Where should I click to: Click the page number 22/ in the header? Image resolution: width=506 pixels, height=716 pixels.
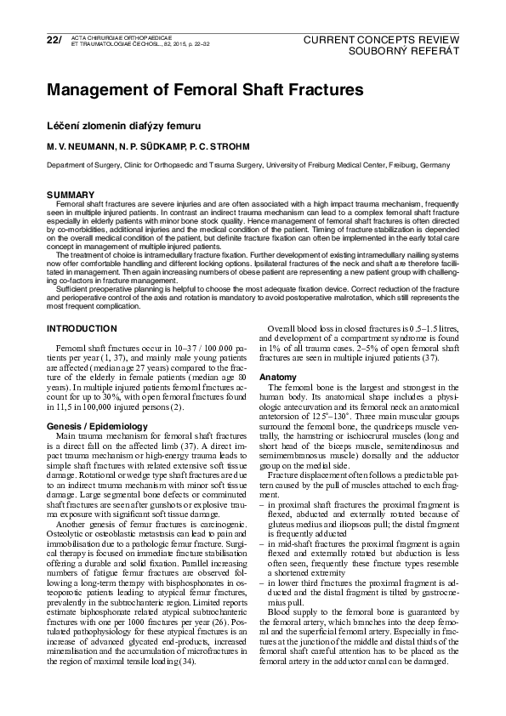[54, 40]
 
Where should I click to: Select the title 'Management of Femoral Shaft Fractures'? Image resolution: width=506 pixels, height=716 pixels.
[204, 89]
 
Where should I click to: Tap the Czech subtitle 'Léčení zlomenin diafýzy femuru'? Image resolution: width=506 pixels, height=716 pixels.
[123, 126]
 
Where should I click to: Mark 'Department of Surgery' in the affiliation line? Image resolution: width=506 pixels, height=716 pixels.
[82, 166]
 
